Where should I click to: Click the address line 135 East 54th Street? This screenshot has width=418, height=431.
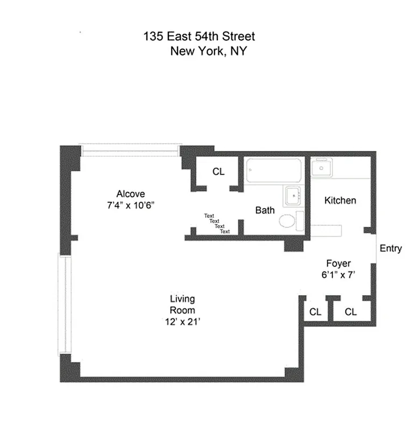pyautogui.click(x=199, y=37)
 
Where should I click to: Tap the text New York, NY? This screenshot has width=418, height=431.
pyautogui.click(x=209, y=52)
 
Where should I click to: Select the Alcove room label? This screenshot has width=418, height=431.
pyautogui.click(x=131, y=194)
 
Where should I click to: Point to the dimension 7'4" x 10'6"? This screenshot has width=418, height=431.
pyautogui.click(x=131, y=205)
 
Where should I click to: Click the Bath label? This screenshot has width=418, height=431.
pyautogui.click(x=265, y=210)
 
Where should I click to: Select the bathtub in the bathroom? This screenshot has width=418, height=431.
pyautogui.click(x=274, y=171)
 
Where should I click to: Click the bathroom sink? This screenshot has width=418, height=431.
pyautogui.click(x=293, y=195)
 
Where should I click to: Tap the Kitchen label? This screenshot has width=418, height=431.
pyautogui.click(x=340, y=200)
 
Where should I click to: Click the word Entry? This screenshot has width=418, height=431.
pyautogui.click(x=391, y=248)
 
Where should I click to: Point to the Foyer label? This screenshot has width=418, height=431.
pyautogui.click(x=339, y=263)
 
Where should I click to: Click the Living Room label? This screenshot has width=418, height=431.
pyautogui.click(x=182, y=305)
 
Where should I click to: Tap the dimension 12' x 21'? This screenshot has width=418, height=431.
pyautogui.click(x=183, y=322)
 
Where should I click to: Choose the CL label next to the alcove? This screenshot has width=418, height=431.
pyautogui.click(x=218, y=172)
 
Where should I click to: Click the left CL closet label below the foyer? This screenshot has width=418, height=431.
pyautogui.click(x=315, y=312)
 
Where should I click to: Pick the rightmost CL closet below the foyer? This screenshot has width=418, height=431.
pyautogui.click(x=351, y=311)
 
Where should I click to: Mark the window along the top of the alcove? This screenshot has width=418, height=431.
pyautogui.click(x=129, y=149)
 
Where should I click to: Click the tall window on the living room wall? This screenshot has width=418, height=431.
pyautogui.click(x=65, y=304)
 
